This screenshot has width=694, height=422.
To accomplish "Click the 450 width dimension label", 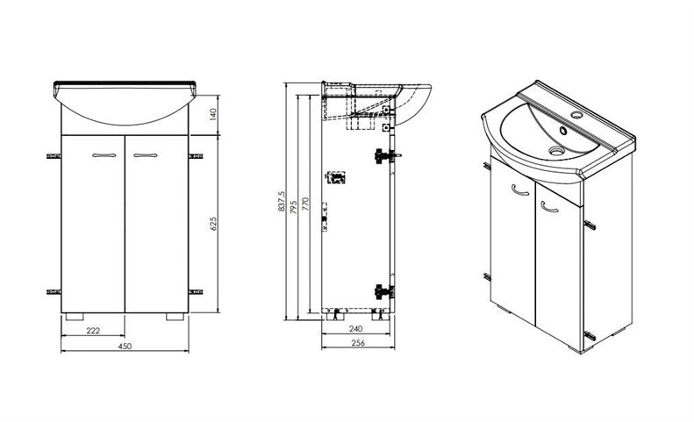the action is coord(125,347).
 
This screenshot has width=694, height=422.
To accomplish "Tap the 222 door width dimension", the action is coord(93,331).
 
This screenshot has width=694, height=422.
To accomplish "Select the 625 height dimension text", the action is coord(213,225).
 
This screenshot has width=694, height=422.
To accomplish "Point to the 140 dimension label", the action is coord(213,114).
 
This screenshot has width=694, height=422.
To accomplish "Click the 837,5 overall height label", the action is coord(282,201).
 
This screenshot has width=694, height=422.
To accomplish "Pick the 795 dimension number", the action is coord(293,207).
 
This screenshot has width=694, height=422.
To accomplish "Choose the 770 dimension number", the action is coord(304,204).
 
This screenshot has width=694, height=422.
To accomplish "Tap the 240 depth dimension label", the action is coord(355,329).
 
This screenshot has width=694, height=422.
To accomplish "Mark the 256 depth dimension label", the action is coord(358,343).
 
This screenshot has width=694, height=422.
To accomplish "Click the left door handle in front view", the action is coord(104,155).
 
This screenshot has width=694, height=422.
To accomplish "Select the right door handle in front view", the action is coord(145,155).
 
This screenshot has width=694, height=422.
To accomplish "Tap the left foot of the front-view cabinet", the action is coord(74,317).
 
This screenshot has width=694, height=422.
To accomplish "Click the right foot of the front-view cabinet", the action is coord(175,317).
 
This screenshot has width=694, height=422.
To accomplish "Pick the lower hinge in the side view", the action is coord(384,291).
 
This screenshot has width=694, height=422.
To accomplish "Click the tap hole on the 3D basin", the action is coord(576,115).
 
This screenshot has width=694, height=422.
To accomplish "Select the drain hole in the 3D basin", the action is coord(557,151).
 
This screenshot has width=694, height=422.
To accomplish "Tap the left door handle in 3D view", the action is coord(520,190).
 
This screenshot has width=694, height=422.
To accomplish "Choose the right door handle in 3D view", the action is coord(549,207).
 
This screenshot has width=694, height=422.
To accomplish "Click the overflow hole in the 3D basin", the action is coord(563,131).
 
